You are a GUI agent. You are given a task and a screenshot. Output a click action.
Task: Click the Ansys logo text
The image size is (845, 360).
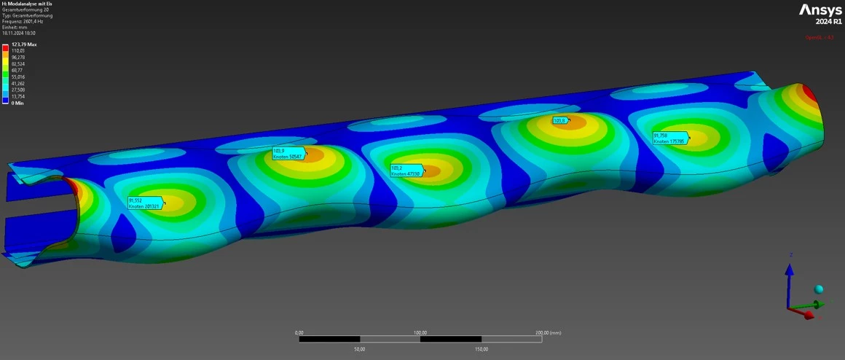tap(820, 10)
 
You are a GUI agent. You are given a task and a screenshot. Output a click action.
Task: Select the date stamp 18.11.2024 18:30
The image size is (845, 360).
tap(19, 33)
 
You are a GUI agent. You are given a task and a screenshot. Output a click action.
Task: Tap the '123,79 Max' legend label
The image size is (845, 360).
tap(24, 44)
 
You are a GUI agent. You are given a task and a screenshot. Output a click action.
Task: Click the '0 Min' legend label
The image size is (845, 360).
tap(18, 103)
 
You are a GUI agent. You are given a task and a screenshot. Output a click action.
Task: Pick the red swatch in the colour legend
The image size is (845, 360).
tap(6, 47)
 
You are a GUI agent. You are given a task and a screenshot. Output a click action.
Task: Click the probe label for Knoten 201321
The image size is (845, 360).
tap(144, 203)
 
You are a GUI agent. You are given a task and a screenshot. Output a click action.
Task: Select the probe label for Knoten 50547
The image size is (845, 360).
tap(288, 154)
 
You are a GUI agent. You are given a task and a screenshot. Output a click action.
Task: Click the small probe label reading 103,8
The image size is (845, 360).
tap(559, 120)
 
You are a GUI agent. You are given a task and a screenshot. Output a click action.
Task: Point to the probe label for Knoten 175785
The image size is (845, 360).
tap(669, 138)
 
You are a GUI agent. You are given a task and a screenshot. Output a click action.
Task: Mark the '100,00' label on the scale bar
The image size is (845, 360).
tap(420, 332)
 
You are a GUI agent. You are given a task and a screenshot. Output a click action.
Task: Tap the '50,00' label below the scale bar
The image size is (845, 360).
tap(360, 348)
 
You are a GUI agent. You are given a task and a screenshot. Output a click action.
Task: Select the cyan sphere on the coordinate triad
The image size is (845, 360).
tap(819, 289)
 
